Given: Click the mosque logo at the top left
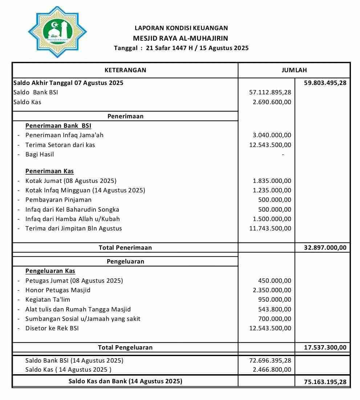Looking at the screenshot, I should [x=57, y=32].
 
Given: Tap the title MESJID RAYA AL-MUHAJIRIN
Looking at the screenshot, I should [x=181, y=38].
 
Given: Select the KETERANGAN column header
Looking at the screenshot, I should [x=125, y=70].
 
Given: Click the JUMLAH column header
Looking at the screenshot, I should [x=294, y=70].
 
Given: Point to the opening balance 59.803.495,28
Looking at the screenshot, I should [x=325, y=83].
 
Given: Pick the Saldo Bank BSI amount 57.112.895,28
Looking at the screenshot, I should [x=270, y=93].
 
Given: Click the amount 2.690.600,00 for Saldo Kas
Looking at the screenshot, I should [x=272, y=102].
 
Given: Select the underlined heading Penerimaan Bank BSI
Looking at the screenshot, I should [x=58, y=126].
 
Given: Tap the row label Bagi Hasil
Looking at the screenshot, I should [x=40, y=154].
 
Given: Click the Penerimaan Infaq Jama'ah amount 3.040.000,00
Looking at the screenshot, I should [x=272, y=135].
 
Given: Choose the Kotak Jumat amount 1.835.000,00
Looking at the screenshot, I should [x=272, y=181].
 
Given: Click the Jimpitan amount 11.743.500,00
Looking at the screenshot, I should [x=270, y=228].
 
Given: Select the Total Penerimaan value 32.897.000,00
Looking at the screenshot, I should [x=325, y=248].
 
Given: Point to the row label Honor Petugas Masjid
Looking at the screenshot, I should [x=58, y=290].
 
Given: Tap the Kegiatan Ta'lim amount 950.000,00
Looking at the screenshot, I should [x=274, y=299].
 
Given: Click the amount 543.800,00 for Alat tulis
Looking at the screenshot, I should [x=274, y=309].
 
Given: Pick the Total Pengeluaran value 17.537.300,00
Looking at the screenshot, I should [x=325, y=347].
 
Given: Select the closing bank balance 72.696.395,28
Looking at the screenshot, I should [x=270, y=360].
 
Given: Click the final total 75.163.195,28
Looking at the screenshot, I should [x=325, y=382].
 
